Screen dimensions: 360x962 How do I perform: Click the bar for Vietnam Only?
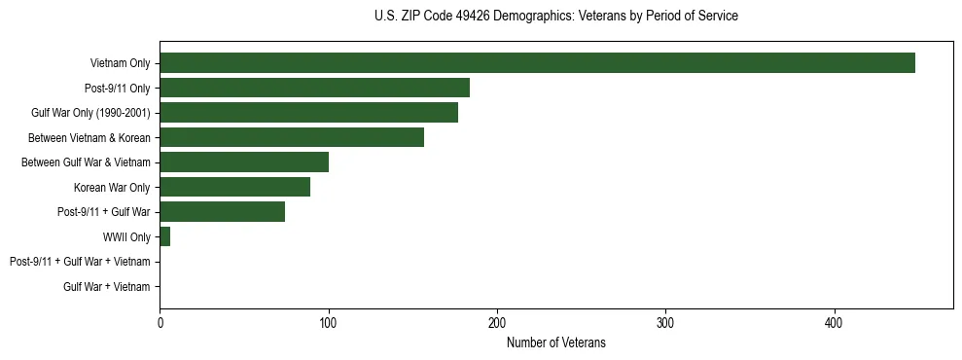(x=537, y=62)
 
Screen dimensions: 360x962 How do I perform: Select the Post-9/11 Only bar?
(x=314, y=88)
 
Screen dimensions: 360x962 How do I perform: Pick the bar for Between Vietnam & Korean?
(x=292, y=137)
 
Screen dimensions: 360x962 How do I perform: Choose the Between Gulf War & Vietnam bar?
(x=244, y=162)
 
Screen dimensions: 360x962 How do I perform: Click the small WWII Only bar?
(x=164, y=236)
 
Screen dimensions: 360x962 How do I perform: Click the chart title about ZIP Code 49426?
(x=555, y=17)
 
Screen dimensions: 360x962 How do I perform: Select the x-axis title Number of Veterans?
(x=555, y=342)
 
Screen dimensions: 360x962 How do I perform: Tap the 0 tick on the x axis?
(x=160, y=322)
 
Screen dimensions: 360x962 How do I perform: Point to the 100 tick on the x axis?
(x=328, y=322)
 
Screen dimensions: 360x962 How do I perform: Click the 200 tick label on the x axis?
(x=497, y=322)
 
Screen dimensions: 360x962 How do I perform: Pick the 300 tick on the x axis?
(x=665, y=322)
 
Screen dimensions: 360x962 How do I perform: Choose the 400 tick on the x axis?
(x=834, y=322)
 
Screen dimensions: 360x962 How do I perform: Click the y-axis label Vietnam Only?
(x=120, y=63)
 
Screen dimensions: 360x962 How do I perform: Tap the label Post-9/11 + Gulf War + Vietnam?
(x=80, y=262)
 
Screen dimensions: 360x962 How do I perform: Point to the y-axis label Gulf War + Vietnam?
(x=107, y=286)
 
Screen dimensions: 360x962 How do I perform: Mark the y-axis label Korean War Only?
(x=112, y=187)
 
